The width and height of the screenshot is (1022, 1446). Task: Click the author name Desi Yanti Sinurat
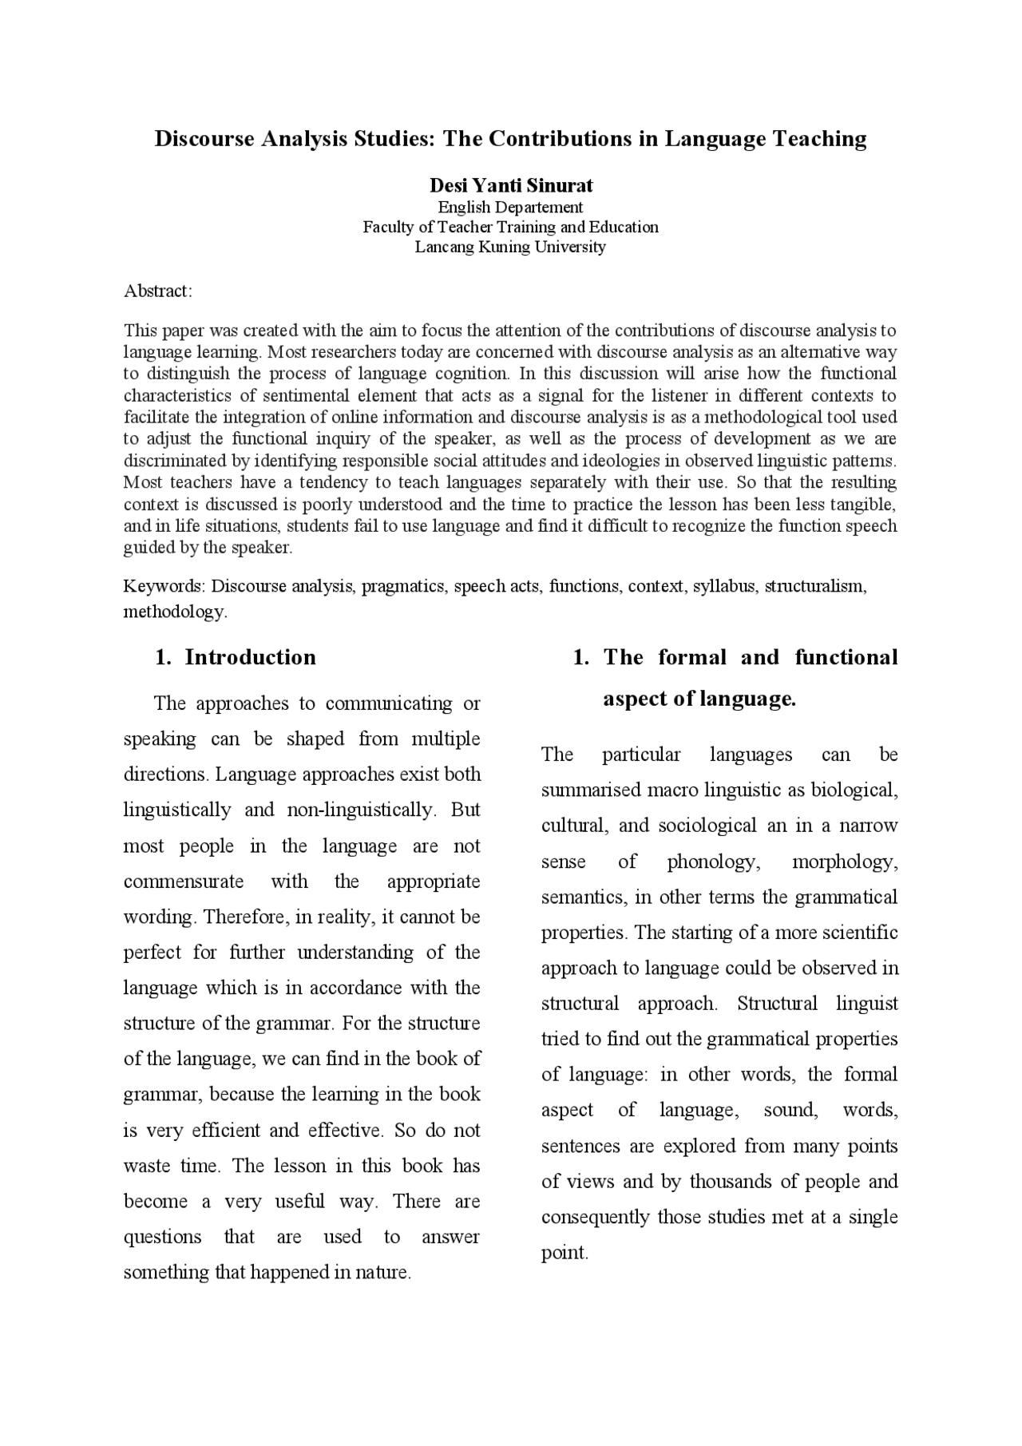click(511, 186)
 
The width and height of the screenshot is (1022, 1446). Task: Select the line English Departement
click(511, 208)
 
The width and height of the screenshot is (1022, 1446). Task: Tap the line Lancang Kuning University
click(511, 247)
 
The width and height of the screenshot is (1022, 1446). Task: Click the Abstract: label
click(158, 291)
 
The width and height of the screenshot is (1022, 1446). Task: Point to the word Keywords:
click(164, 586)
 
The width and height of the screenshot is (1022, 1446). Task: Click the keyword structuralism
click(815, 586)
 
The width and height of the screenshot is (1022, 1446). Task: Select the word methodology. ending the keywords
click(175, 612)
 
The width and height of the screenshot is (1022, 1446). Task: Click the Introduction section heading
click(250, 657)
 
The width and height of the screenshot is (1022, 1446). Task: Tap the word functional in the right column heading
click(846, 657)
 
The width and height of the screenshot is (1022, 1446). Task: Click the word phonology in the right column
click(711, 862)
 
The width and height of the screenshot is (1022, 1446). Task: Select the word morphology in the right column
click(845, 862)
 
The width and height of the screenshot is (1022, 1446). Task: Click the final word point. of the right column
click(564, 1253)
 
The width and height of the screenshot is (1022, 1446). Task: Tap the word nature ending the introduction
click(383, 1273)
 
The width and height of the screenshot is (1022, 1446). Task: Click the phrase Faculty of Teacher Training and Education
click(511, 227)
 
